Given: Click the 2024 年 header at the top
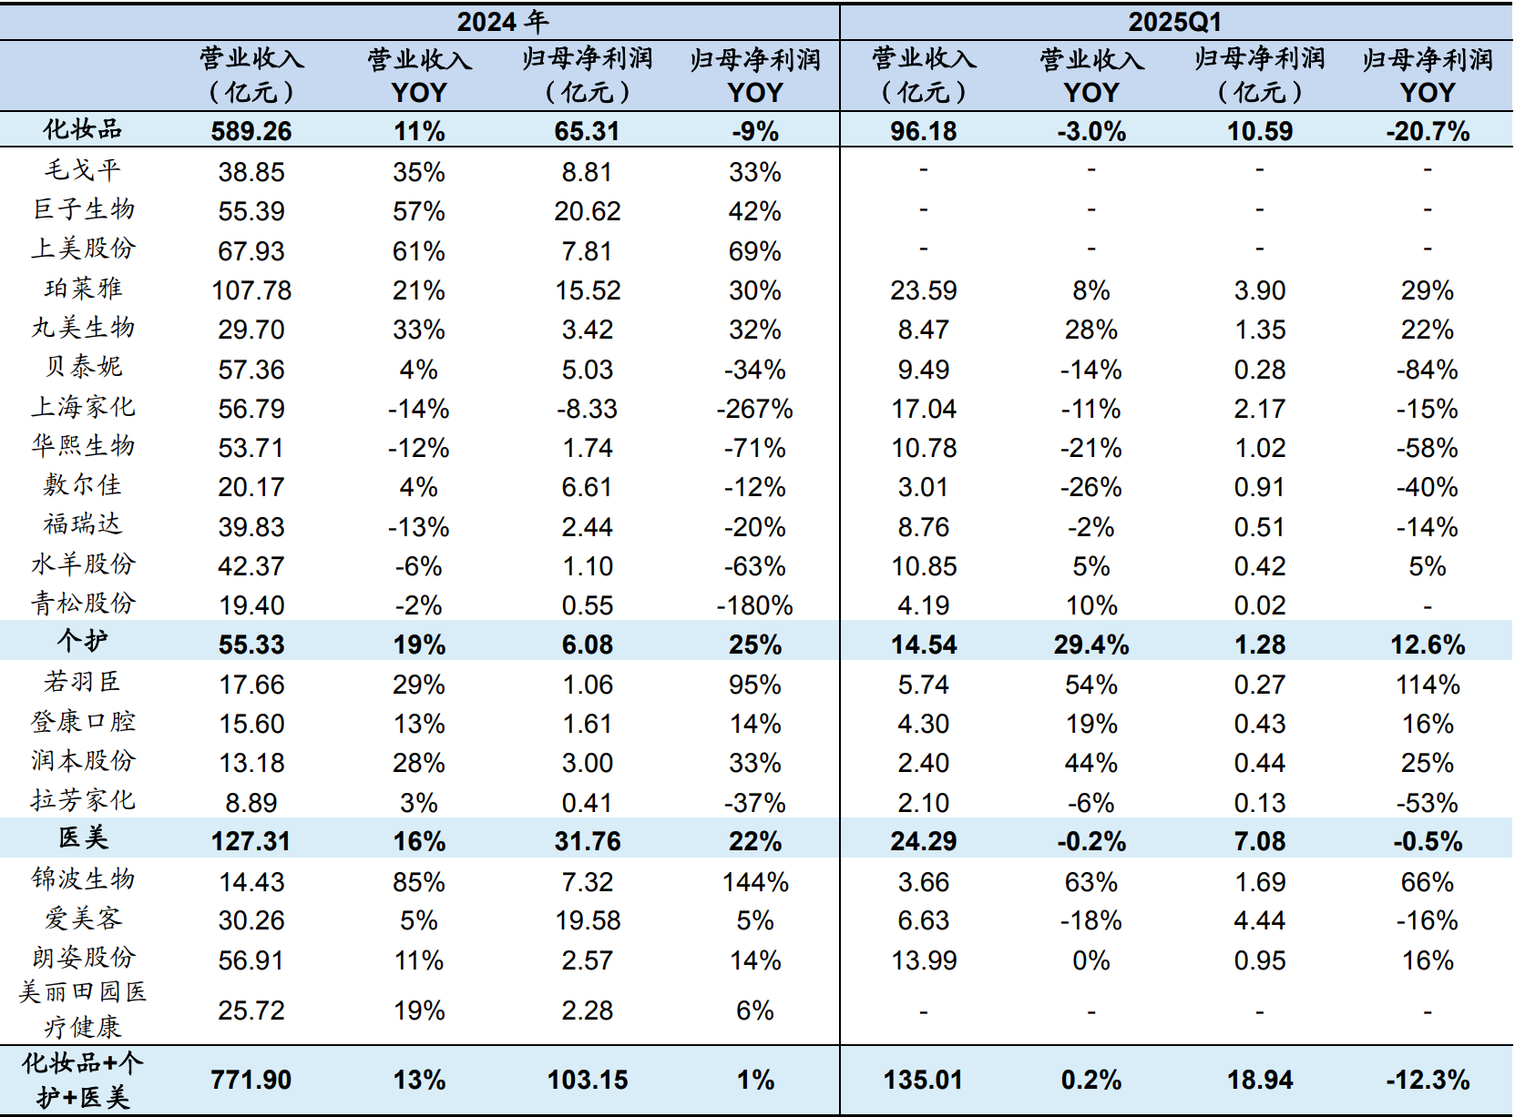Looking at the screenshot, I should click(x=502, y=21).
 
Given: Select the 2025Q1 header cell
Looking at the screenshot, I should click(x=1174, y=21).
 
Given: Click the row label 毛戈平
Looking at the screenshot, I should click(x=83, y=171).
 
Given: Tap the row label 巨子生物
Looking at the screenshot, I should click(x=83, y=210).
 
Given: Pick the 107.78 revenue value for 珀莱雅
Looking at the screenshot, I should click(x=251, y=290).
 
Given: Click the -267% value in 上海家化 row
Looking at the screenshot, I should click(x=754, y=409).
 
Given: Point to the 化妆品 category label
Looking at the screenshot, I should click(x=83, y=130).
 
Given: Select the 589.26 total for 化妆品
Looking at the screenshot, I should click(x=251, y=131).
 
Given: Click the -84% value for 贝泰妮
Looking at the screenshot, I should click(x=1427, y=370).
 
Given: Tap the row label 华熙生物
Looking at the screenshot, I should click(x=83, y=447).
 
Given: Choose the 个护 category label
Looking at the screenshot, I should click(x=83, y=643).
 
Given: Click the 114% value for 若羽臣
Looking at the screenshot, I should click(x=1427, y=685).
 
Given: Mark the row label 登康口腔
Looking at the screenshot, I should click(x=83, y=723).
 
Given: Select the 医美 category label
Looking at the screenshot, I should click(x=83, y=839).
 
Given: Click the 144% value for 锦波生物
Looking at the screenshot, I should click(x=754, y=882).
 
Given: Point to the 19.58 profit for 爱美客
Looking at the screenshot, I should click(x=588, y=920).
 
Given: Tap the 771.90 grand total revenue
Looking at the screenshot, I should click(x=251, y=1080).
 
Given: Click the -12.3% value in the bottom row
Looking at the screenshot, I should click(x=1427, y=1080).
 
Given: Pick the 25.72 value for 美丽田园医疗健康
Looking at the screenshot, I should click(x=251, y=1010).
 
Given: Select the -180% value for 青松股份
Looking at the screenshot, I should click(x=754, y=605).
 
